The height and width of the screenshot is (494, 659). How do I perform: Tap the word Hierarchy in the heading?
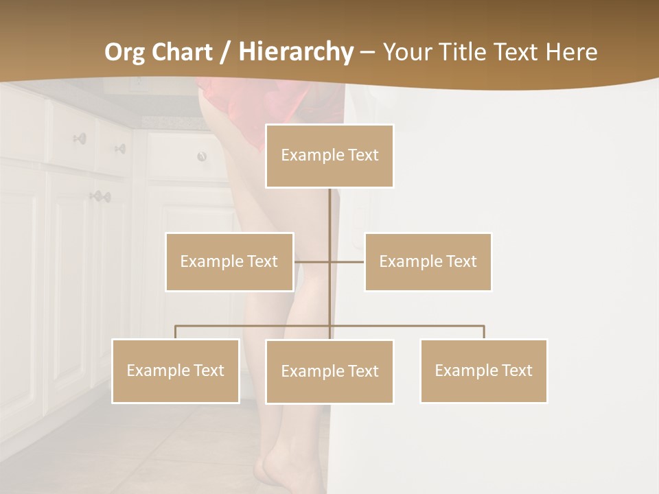pos(295,52)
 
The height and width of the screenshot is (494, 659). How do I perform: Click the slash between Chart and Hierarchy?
pos(224,52)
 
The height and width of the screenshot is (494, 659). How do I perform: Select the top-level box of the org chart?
pos(329,156)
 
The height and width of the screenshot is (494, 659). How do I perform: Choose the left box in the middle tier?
pos(229,261)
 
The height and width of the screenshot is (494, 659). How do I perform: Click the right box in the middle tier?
pos(428,261)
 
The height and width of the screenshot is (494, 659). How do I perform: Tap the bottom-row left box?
pos(175,370)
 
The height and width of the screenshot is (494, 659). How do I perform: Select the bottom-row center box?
pos(329,371)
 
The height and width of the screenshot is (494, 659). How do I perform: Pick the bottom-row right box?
pos(483,370)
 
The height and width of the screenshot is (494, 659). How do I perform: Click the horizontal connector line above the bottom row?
pos(254,326)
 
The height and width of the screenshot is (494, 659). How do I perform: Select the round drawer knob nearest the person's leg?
pos(202,156)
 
